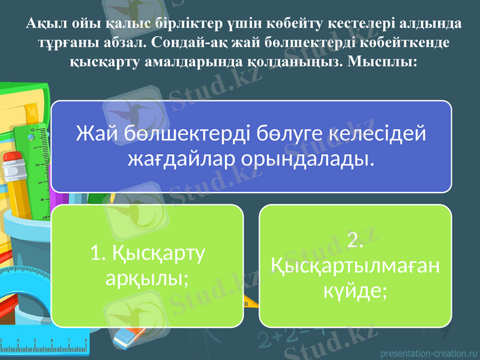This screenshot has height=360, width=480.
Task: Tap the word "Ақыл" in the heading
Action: pos(40,24)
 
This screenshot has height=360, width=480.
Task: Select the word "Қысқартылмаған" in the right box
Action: pos(355,265)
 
